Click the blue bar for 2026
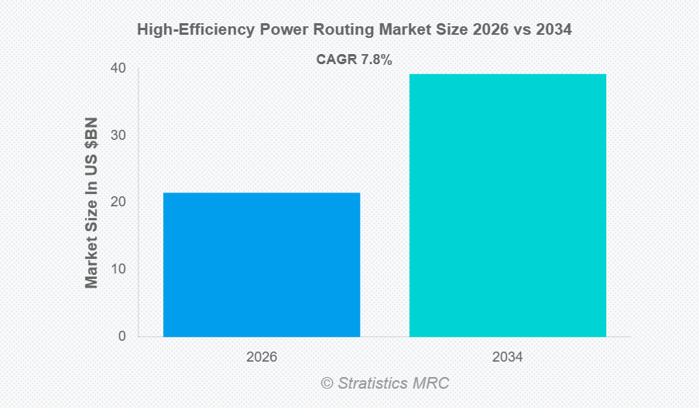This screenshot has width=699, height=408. click(262, 264)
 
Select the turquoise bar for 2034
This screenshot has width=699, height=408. click(507, 205)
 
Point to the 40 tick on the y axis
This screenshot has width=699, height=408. click(118, 68)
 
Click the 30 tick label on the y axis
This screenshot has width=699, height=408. click(118, 135)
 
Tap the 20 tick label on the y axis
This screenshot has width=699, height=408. click(118, 202)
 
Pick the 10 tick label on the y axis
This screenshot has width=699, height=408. click(118, 269)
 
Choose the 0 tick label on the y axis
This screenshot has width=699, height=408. click(122, 336)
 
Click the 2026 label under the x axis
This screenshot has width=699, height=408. click(262, 358)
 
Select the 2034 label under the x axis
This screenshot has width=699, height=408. click(507, 358)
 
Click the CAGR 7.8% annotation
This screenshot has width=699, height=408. click(354, 59)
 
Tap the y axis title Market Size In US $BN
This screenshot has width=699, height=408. click(92, 203)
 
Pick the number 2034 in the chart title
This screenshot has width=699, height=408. click(557, 30)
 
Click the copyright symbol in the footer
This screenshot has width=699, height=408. click(327, 383)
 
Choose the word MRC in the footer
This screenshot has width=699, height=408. click(433, 383)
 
